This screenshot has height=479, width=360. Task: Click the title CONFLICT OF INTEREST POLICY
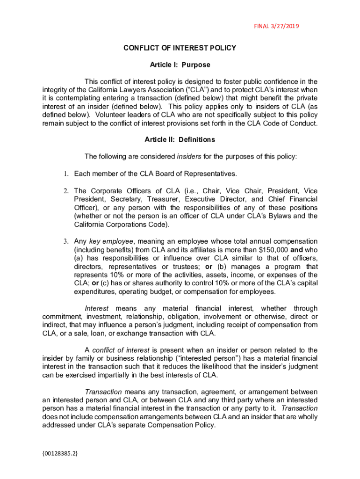(x=180, y=48)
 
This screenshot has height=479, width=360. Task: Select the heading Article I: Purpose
(x=180, y=65)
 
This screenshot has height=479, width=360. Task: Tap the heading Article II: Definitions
(x=180, y=139)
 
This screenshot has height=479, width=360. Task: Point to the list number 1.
(x=66, y=174)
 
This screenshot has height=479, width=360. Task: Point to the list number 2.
(x=66, y=191)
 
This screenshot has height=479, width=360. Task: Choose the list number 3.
(x=66, y=241)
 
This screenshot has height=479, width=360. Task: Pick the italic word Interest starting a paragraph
(x=97, y=308)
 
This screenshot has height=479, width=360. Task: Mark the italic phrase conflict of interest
(x=121, y=350)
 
